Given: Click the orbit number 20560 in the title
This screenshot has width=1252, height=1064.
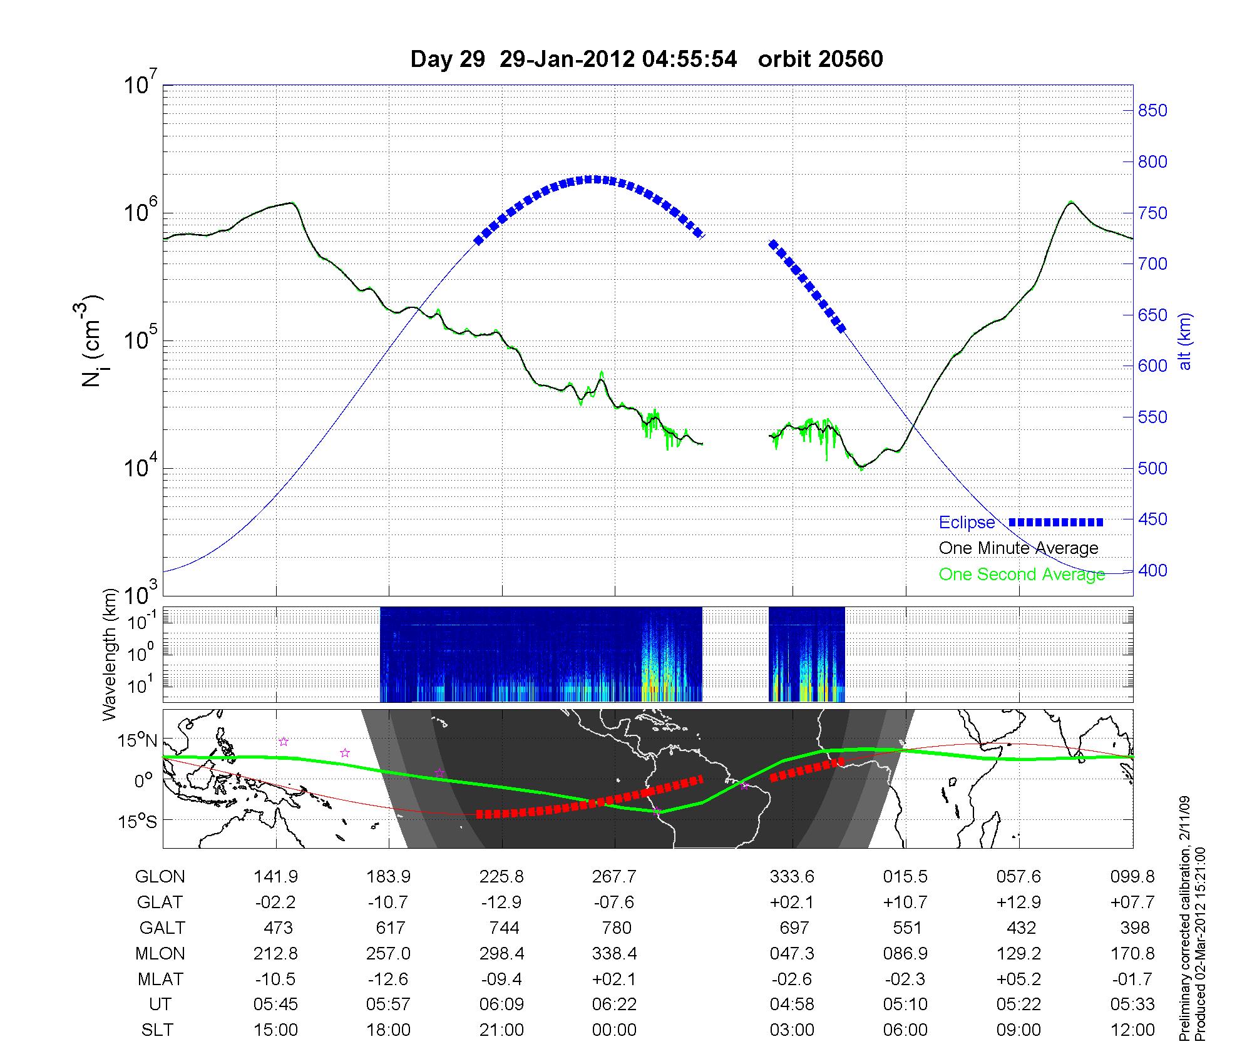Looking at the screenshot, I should click(820, 59).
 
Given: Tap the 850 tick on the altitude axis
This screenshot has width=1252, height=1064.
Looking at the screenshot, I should click(1152, 111).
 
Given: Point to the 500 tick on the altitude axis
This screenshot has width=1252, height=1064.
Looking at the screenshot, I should click(1152, 468).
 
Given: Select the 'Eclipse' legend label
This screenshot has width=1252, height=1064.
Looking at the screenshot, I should click(967, 523).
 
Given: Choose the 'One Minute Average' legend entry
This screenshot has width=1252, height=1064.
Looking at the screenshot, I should click(1019, 548).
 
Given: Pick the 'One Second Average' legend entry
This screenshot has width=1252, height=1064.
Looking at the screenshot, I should click(1022, 575).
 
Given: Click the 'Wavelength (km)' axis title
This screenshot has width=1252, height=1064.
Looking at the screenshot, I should click(111, 655).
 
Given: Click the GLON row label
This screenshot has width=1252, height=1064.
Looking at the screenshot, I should click(160, 877).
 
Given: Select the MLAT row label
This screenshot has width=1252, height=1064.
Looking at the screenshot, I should click(160, 979).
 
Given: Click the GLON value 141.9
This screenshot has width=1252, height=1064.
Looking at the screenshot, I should click(276, 877).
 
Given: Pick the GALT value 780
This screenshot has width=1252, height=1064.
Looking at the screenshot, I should click(616, 928).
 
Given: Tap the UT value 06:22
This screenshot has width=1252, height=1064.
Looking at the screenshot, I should click(614, 1005).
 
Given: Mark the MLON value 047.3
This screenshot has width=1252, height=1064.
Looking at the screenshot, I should click(792, 953).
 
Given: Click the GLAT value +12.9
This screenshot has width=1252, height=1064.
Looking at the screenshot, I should click(1019, 903).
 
